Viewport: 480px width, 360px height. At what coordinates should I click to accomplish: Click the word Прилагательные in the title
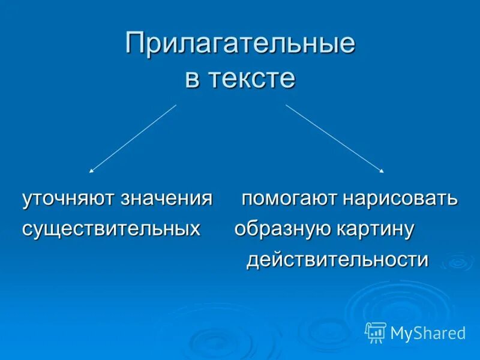[240, 45]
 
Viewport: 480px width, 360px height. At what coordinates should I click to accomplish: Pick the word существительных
[112, 229]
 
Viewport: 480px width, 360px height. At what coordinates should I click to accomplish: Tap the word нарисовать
[400, 199]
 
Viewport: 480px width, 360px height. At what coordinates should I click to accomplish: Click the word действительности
[338, 260]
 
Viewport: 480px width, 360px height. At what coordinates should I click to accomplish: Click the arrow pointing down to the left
[133, 139]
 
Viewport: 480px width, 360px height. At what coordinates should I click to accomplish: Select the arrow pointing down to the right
[334, 139]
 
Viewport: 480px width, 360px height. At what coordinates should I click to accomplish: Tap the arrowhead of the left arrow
[91, 172]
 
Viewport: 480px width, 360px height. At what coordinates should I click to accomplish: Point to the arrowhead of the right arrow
[382, 172]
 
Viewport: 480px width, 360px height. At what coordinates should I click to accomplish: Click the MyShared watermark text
[428, 333]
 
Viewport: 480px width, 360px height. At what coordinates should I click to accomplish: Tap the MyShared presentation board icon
[376, 332]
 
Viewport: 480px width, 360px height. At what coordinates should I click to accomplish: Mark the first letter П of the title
[134, 45]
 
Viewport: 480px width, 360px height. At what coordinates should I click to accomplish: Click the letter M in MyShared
[398, 333]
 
